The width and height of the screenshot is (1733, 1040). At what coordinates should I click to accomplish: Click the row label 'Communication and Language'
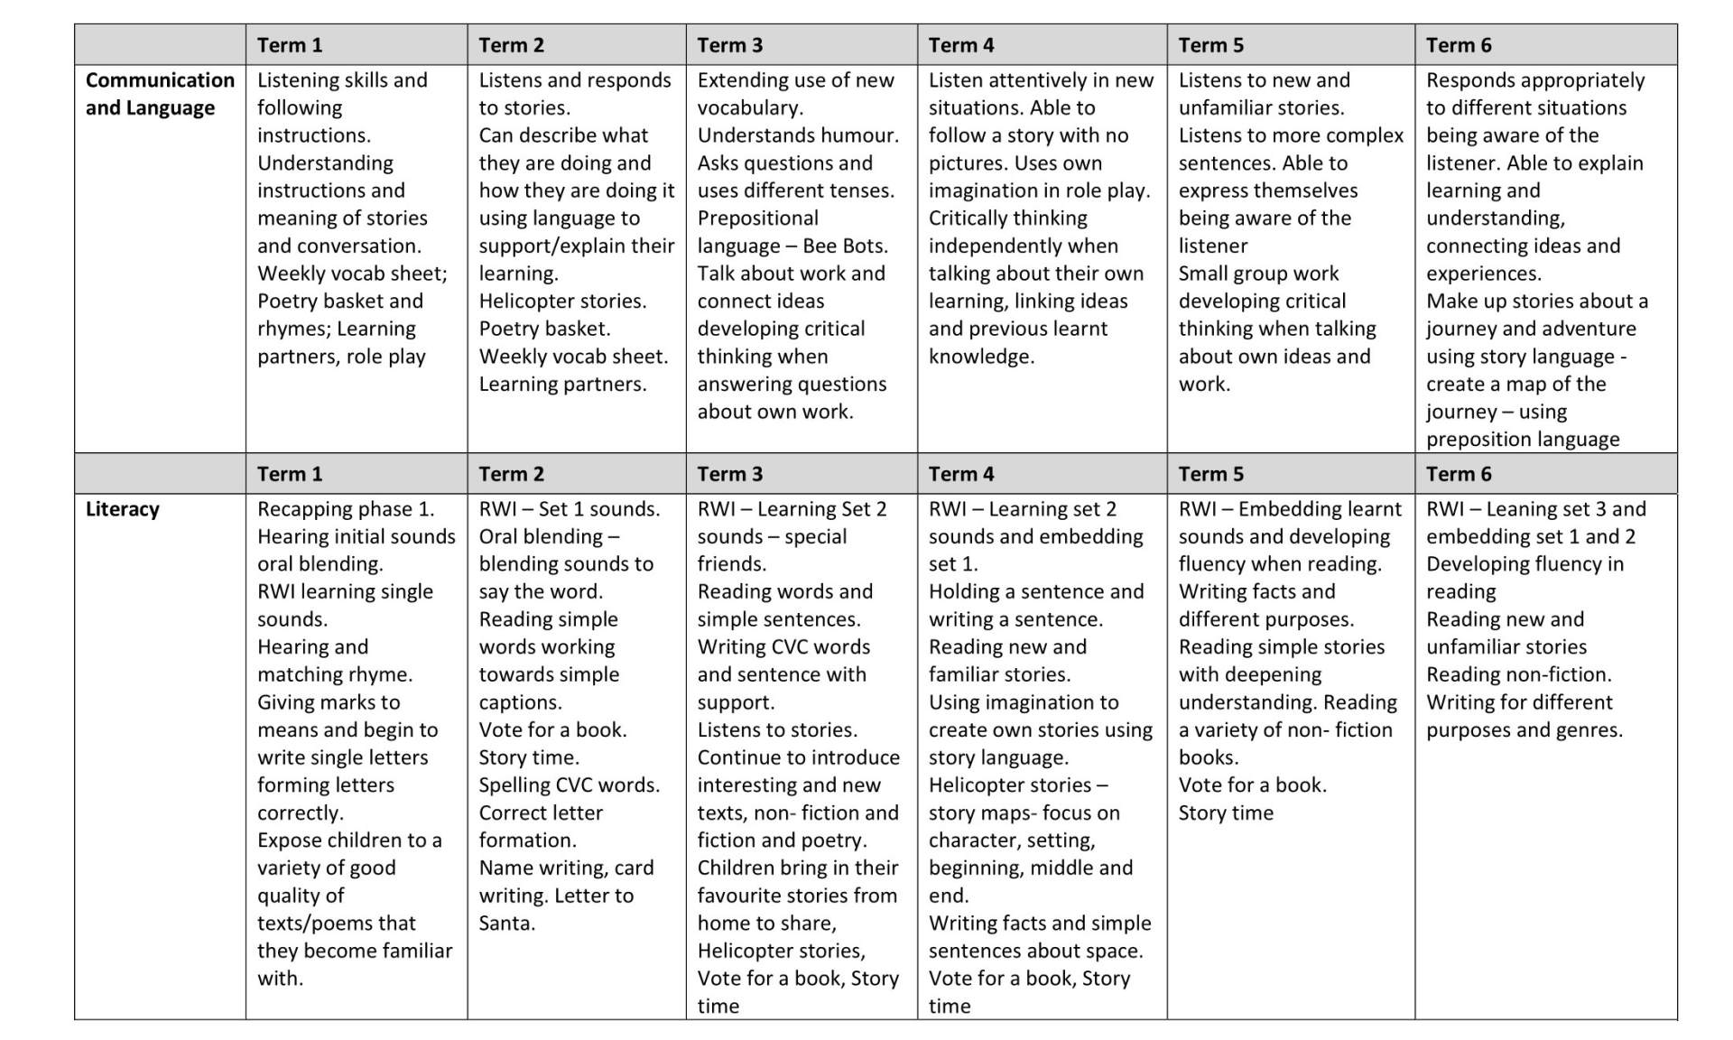coord(160,94)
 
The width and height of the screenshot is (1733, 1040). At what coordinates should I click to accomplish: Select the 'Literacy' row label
coord(122,509)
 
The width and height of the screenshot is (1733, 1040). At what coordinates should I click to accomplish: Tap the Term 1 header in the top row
coord(289,45)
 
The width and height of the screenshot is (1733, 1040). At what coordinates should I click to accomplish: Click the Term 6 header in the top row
coord(1458,45)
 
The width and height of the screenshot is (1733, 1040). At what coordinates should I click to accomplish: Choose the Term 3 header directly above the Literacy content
coord(729,474)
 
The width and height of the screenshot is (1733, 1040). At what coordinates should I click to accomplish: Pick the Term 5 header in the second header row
coord(1210,474)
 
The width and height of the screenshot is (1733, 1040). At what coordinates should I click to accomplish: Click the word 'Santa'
coord(505,924)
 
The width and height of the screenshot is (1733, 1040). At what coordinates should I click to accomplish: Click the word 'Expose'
coord(289,840)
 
